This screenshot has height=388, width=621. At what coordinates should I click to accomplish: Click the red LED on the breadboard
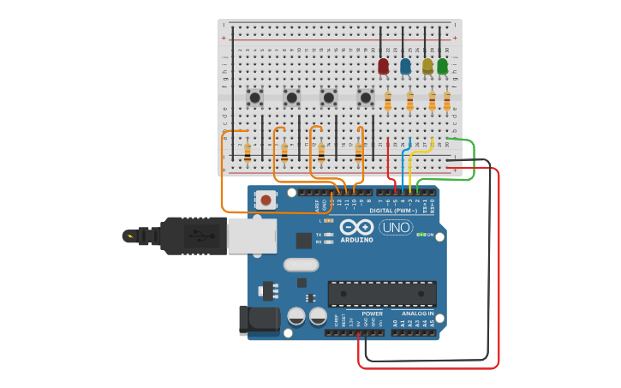click(383, 66)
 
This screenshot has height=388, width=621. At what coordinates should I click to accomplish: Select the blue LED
click(405, 66)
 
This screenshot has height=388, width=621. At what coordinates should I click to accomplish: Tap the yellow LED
click(427, 66)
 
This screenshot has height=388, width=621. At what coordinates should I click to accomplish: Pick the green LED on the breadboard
click(442, 66)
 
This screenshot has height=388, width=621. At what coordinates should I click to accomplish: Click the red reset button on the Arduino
click(266, 200)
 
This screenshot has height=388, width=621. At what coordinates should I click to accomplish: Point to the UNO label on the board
click(396, 228)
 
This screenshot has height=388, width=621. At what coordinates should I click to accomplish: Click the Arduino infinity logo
click(356, 227)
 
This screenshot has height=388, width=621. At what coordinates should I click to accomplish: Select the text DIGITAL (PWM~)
click(394, 211)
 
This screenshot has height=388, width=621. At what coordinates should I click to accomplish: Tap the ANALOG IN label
click(414, 313)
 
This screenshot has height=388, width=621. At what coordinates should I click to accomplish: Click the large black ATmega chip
click(382, 294)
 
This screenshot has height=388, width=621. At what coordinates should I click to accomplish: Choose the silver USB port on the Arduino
click(252, 236)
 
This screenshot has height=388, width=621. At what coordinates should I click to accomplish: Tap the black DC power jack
click(259, 320)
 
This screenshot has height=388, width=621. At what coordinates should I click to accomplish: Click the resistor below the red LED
click(388, 102)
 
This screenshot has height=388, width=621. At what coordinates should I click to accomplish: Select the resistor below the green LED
click(446, 102)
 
